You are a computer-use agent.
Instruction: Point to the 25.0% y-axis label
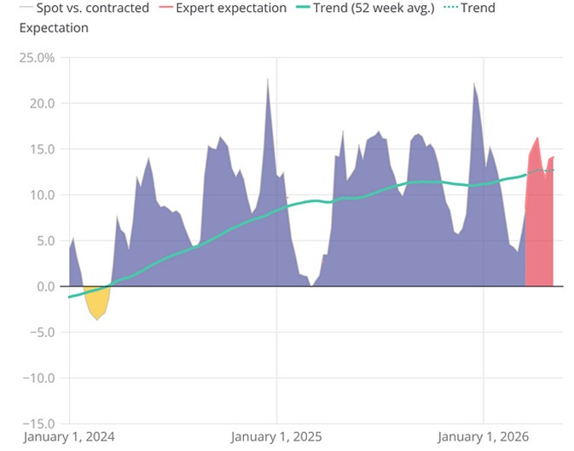36,58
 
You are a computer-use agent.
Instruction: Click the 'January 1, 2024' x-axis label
70,437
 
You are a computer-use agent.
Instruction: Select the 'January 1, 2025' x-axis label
277,437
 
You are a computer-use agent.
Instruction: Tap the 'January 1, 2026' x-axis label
484,437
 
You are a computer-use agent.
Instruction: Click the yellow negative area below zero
96,303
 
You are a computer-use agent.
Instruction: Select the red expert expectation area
539,230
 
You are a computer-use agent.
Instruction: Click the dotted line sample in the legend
455,9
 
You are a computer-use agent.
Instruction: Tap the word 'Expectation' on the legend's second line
53,27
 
